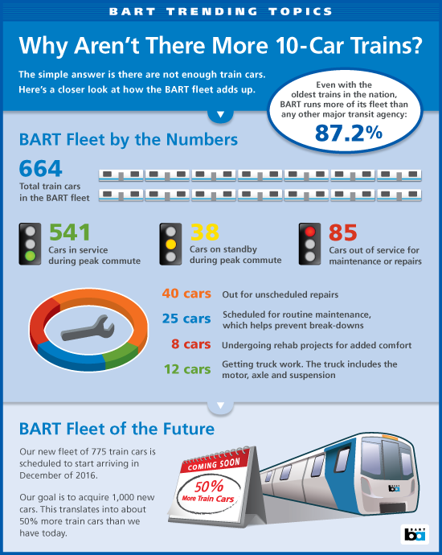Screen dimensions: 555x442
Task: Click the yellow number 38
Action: pos(205,232)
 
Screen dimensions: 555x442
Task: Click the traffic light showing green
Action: pos(31,244)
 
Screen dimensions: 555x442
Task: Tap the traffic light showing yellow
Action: pos(171,244)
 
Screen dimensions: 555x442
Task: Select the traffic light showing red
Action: pos(310,244)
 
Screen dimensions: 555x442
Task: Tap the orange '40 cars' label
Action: pos(186,294)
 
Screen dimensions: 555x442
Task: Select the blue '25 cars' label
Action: pos(186,319)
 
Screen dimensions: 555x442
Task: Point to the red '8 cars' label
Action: pos(191,345)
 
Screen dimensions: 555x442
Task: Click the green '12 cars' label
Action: pos(186,370)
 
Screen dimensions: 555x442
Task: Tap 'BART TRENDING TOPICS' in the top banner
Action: pos(221,11)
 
